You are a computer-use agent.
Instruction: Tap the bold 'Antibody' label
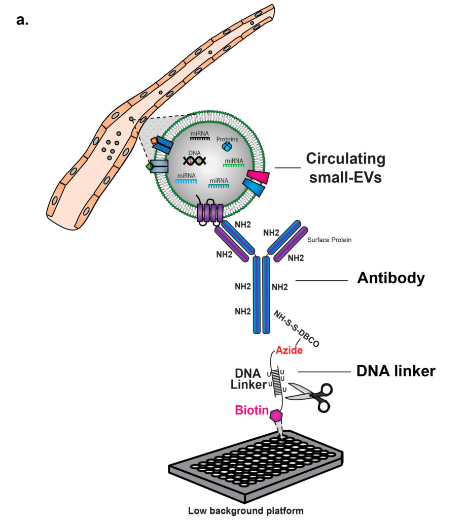tap(390, 278)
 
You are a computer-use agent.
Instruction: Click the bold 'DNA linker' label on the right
tap(396, 371)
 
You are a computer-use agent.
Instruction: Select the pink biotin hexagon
tap(277, 415)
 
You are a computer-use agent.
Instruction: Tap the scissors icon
tap(309, 396)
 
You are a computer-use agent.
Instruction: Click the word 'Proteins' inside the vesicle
tap(227, 139)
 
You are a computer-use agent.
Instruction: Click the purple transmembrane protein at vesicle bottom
tap(209, 213)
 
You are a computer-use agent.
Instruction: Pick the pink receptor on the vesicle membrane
tap(257, 178)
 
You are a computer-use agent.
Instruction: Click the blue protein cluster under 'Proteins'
tap(227, 147)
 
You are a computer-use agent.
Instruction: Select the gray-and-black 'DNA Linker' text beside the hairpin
tap(248, 378)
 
